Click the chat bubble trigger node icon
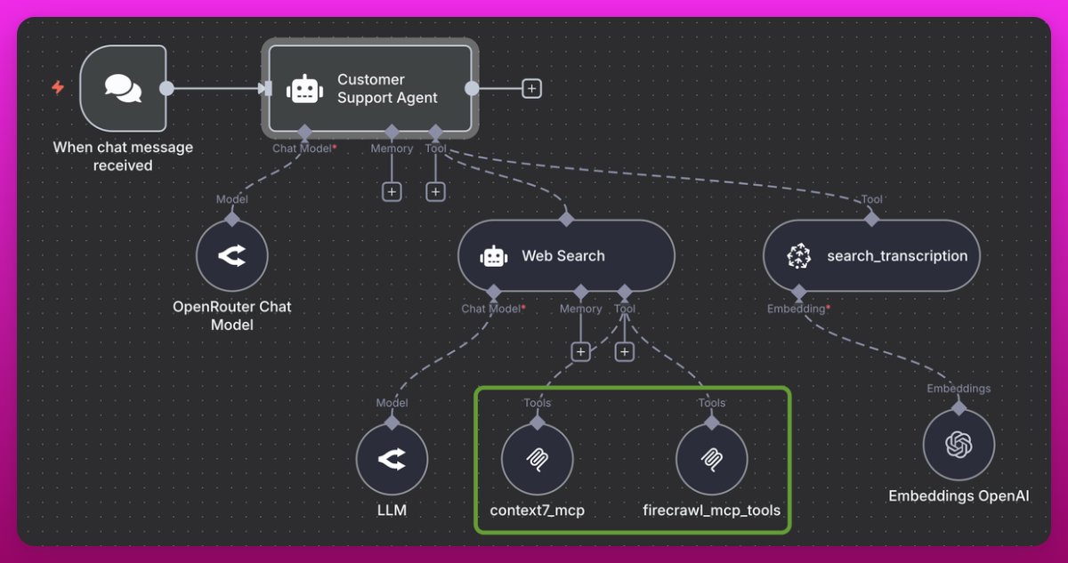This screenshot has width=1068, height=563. point(122,88)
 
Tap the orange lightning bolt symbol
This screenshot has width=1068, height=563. point(58,87)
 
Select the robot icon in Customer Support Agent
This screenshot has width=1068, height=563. point(304,89)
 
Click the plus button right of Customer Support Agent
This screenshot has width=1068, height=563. point(531,88)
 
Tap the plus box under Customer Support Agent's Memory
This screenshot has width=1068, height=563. point(392,191)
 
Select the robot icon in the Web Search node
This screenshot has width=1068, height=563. point(493,256)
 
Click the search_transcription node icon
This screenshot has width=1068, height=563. point(799,256)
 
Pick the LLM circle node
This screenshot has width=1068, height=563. point(392,459)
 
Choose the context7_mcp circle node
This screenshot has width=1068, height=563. point(537,459)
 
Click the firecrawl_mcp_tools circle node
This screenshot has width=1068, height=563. point(711,459)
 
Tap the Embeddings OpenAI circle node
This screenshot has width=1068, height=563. point(959,445)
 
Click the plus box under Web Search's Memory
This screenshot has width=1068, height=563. point(580,352)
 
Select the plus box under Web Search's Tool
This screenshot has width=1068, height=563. point(624,352)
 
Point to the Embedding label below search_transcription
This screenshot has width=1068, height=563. point(797,309)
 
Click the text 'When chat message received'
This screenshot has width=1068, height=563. point(123,157)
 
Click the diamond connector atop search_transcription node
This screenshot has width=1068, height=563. point(871,218)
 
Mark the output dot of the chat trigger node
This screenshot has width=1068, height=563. point(166,88)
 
